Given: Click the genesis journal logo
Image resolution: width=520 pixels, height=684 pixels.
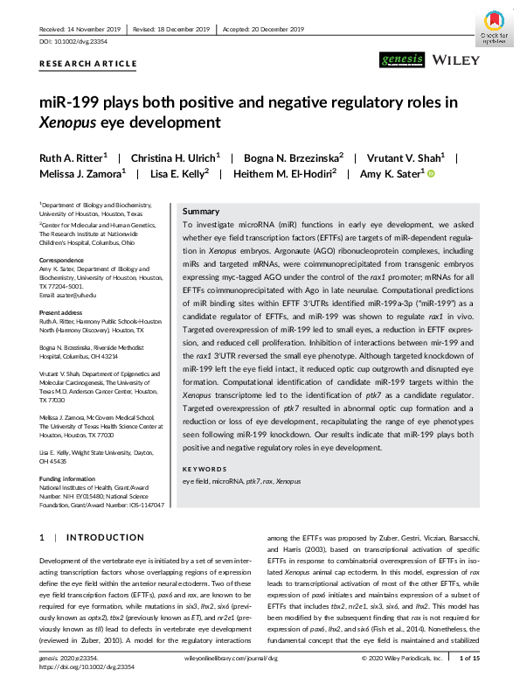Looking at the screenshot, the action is [402, 60].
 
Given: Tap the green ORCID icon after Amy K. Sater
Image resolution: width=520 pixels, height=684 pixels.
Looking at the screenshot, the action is [431, 174].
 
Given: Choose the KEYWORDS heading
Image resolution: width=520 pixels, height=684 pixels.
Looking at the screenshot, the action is [204, 469].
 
